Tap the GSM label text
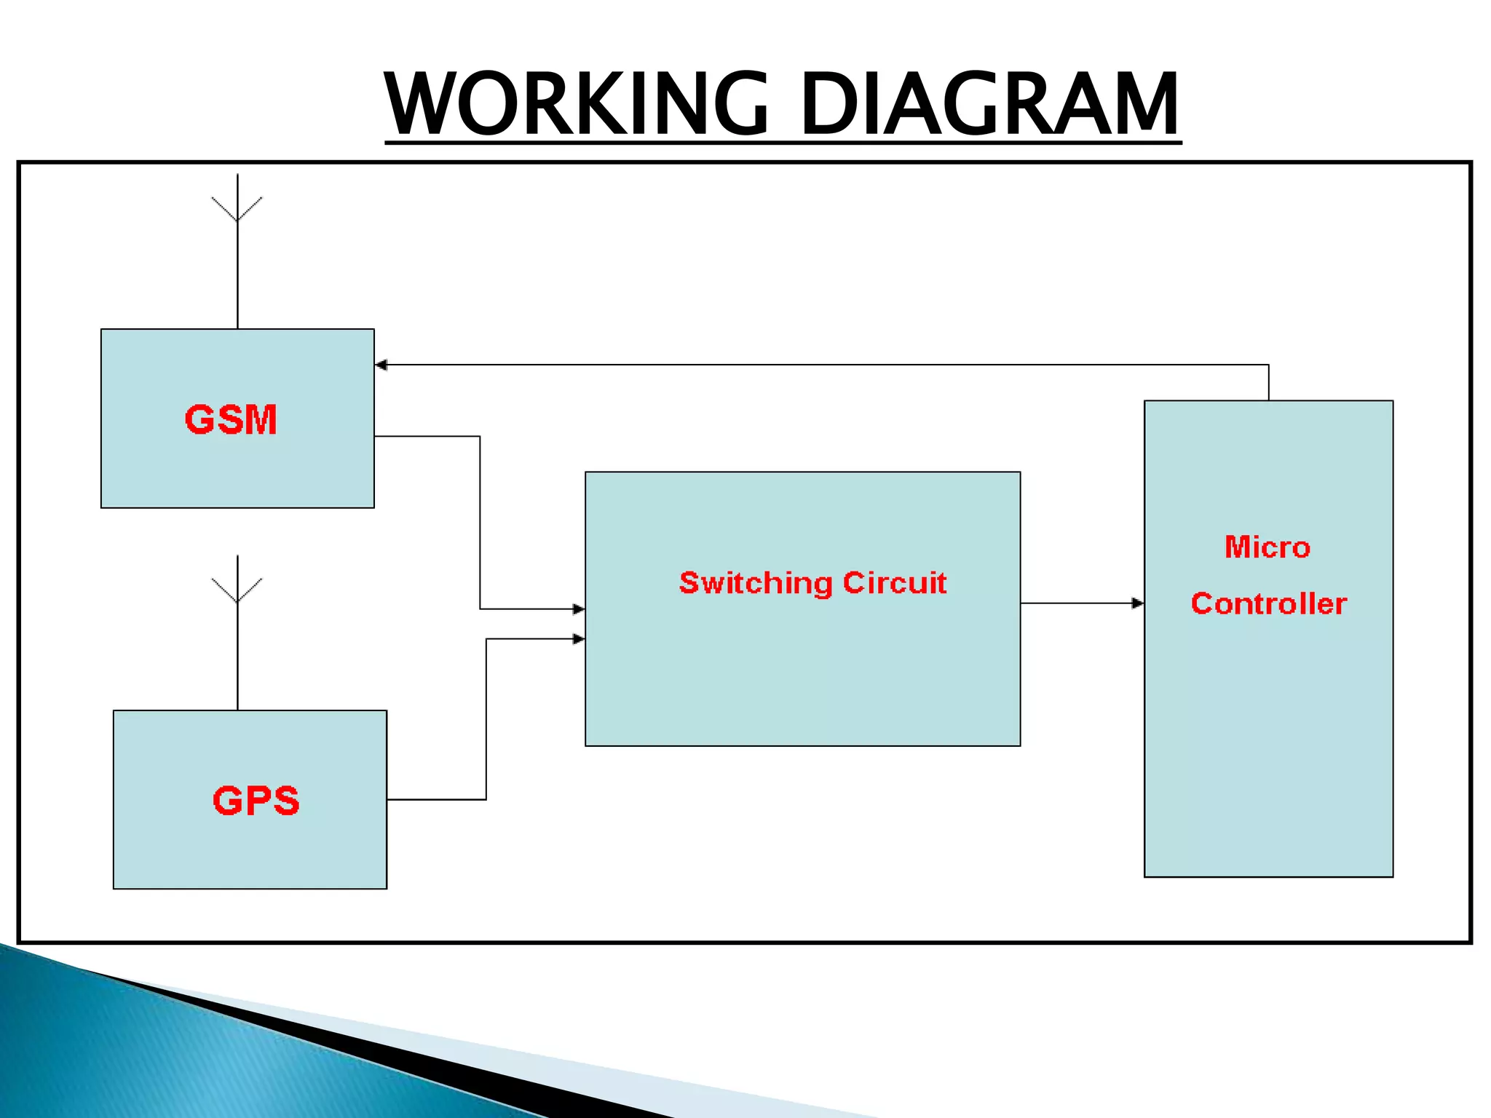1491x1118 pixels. pos(231,420)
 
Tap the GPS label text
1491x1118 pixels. pos(256,801)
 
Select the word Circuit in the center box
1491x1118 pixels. pos(895,583)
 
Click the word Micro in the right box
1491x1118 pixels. pos(1267,547)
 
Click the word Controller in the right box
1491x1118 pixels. pos(1268,603)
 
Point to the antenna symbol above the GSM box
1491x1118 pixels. pos(237,207)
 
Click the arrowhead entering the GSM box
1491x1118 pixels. pos(381,365)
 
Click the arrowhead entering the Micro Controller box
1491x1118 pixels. pos(1137,603)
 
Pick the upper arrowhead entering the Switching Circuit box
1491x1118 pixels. pos(579,608)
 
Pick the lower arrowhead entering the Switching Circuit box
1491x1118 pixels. pos(579,639)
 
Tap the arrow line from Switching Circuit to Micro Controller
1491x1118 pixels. pos(1077,603)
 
